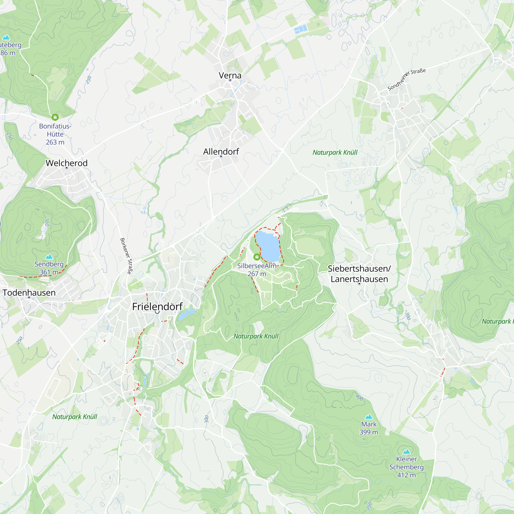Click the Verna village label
(230, 75)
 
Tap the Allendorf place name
(221, 151)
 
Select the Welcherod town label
(67, 163)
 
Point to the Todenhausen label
(29, 292)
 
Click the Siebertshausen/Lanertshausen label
(359, 273)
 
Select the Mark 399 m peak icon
(369, 417)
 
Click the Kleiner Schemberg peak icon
(406, 452)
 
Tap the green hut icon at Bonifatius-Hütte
(55, 117)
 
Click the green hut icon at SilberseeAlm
(257, 257)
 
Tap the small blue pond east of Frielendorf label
(186, 314)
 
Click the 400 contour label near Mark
(360, 398)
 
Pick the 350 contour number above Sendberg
(47, 222)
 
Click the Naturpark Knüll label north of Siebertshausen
(335, 152)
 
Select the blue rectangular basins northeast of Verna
(301, 29)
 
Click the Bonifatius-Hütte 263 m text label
(55, 134)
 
